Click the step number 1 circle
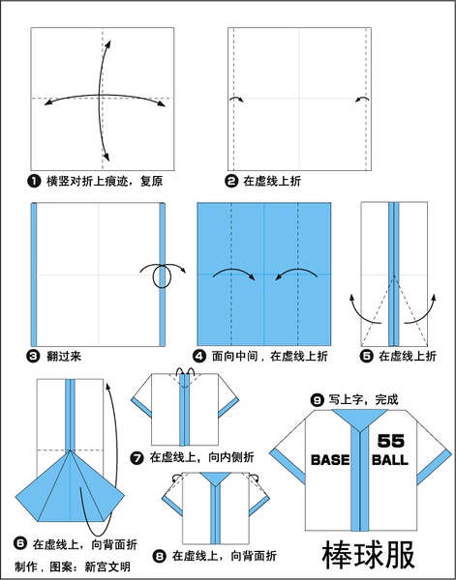[x=33, y=182]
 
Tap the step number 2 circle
[x=231, y=182]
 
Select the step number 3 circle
[x=33, y=356]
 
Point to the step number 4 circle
[x=199, y=356]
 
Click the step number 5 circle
[x=366, y=356]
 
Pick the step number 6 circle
[x=20, y=543]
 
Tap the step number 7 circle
[x=137, y=458]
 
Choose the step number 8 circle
[x=159, y=556]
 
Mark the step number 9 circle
[x=318, y=400]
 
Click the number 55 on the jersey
[x=391, y=441]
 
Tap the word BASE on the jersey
[x=330, y=460]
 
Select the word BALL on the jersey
[x=390, y=460]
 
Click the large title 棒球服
[x=369, y=555]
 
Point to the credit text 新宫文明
[x=107, y=566]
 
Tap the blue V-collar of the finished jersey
[x=359, y=420]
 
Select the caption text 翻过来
[x=64, y=356]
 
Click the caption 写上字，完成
[x=363, y=400]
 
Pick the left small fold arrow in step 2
[x=236, y=99]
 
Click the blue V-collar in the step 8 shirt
[x=216, y=478]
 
